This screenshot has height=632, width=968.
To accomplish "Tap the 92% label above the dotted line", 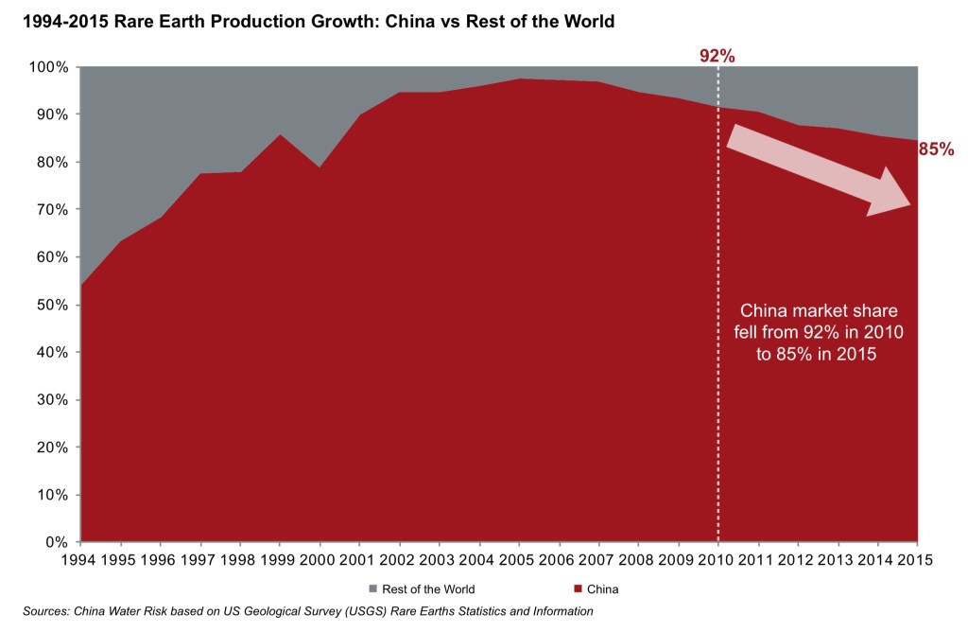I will coord(717,56).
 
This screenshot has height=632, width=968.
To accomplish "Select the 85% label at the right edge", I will coord(936,149).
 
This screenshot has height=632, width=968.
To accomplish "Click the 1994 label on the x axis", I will coord(80,560).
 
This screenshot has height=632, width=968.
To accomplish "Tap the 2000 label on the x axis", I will coord(320,560).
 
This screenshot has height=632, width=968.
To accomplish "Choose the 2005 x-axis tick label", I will coord(519,560).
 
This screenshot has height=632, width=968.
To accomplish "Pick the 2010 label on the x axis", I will coord(718,560).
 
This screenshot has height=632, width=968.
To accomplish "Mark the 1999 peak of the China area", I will coord(280,134).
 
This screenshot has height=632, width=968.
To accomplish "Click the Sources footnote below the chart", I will coord(307,612).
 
